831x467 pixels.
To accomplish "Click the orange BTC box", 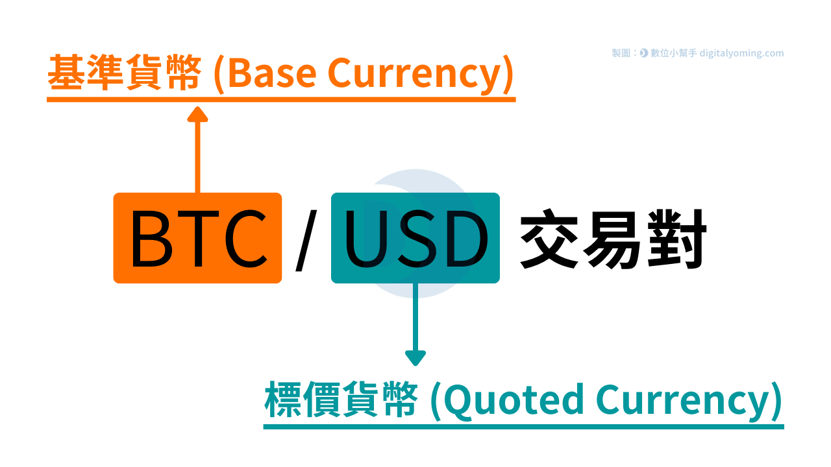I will pyautogui.click(x=197, y=238).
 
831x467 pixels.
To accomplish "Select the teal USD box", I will pyautogui.click(x=415, y=238).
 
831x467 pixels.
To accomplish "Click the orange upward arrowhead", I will pyautogui.click(x=197, y=115).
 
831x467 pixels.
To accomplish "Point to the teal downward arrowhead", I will pyautogui.click(x=415, y=357).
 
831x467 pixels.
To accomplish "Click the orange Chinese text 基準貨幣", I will pyautogui.click(x=123, y=74).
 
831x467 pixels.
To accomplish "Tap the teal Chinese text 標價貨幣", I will pyautogui.click(x=340, y=400).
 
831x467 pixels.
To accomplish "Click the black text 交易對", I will pyautogui.click(x=613, y=240).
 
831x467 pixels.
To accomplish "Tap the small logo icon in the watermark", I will pyautogui.click(x=643, y=54).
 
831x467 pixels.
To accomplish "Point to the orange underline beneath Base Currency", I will pyautogui.click(x=281, y=100).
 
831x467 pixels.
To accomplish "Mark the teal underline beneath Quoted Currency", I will pyautogui.click(x=523, y=426).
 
